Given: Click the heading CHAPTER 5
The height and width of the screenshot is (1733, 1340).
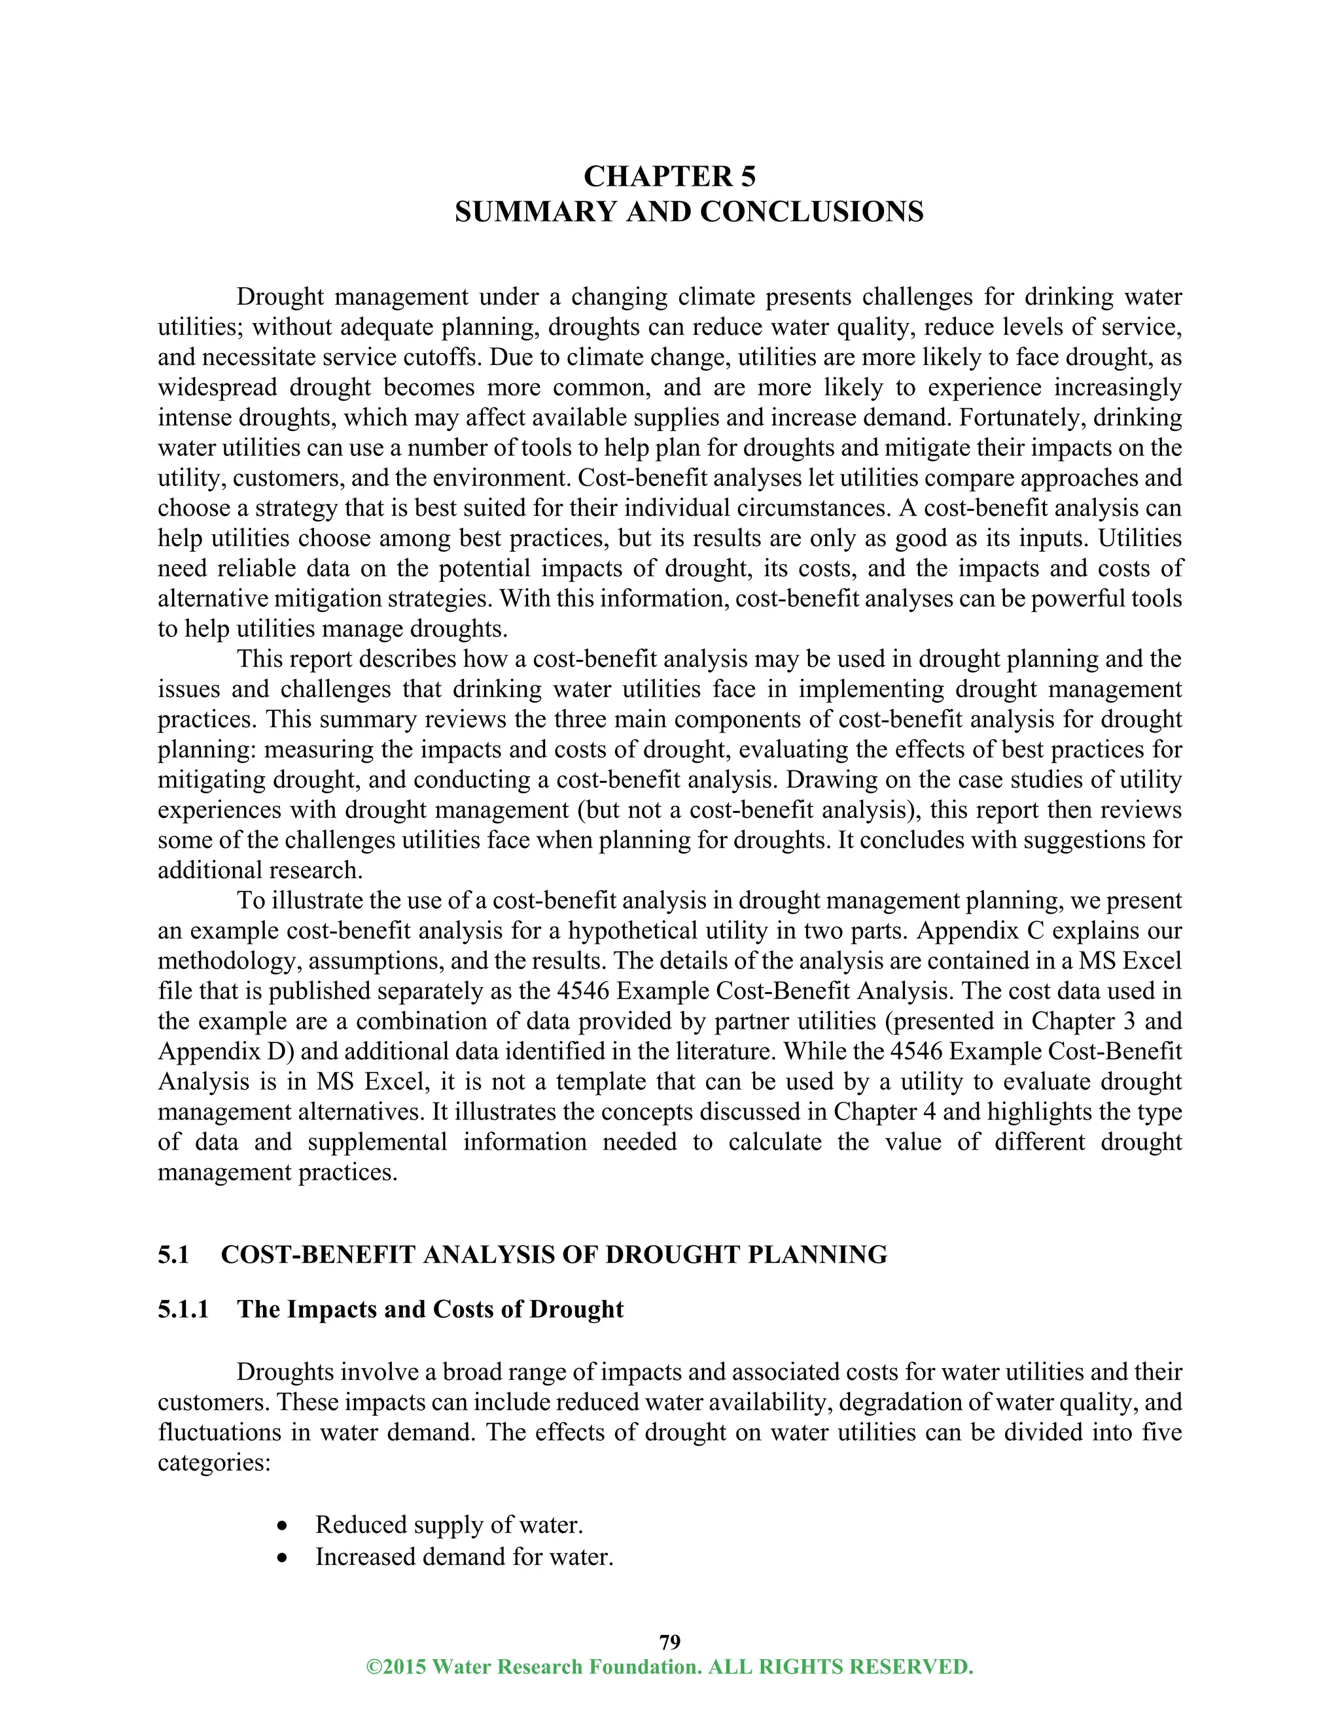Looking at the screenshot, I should coord(669,176).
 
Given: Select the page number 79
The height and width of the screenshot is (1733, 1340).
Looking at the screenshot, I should coord(669,1641).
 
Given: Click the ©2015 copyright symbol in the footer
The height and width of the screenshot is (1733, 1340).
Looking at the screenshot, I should coord(372,1667).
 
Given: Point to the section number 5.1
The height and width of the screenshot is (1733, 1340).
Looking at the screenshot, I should coord(173,1254).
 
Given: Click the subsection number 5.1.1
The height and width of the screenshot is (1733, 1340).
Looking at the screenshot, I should coord(183,1309).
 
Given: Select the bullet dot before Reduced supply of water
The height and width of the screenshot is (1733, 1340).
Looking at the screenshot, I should coord(283,1526).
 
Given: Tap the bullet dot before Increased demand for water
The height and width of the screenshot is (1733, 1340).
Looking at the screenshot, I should coord(283,1558).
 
